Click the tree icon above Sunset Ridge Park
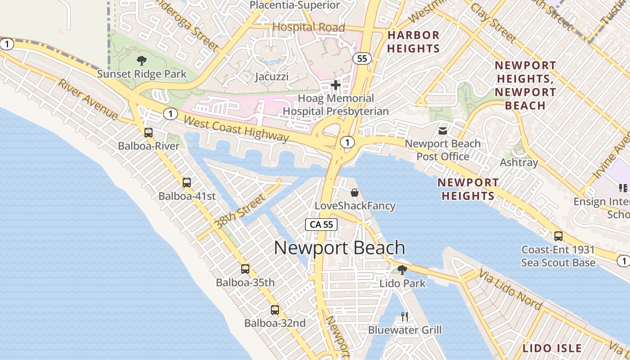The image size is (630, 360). (141, 61)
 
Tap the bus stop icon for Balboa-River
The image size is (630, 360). (148, 132)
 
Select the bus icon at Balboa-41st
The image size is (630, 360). (187, 183)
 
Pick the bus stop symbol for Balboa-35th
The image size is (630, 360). (245, 269)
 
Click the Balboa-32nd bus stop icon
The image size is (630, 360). (275, 310)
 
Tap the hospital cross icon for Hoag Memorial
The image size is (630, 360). (335, 85)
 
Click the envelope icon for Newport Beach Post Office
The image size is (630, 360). (443, 131)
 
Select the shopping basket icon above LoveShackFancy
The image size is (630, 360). (355, 193)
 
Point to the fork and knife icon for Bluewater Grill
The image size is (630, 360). (404, 317)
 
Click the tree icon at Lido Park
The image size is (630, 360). (402, 270)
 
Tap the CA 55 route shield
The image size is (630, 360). (321, 224)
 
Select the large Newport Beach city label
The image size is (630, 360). (339, 248)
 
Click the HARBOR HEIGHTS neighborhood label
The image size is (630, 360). (413, 41)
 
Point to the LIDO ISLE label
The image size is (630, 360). (552, 348)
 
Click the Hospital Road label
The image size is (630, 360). (309, 27)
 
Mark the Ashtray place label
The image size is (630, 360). (519, 162)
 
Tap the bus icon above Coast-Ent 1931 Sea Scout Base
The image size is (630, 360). (558, 236)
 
